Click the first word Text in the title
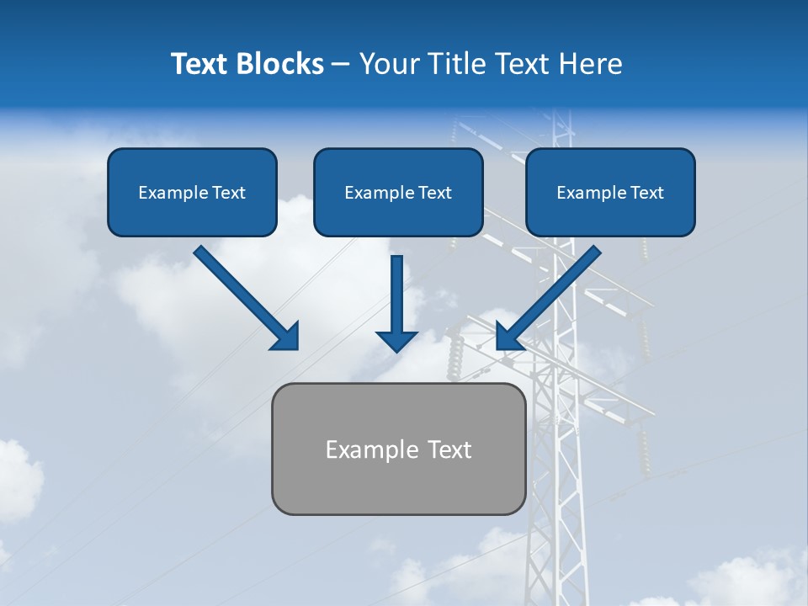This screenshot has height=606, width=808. [x=200, y=64]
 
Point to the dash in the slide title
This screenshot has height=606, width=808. [x=341, y=64]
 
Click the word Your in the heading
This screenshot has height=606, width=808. [x=391, y=64]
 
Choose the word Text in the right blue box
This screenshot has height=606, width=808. [x=646, y=193]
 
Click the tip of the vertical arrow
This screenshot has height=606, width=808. [x=396, y=350]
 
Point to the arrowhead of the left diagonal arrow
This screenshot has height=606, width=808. [x=290, y=341]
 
